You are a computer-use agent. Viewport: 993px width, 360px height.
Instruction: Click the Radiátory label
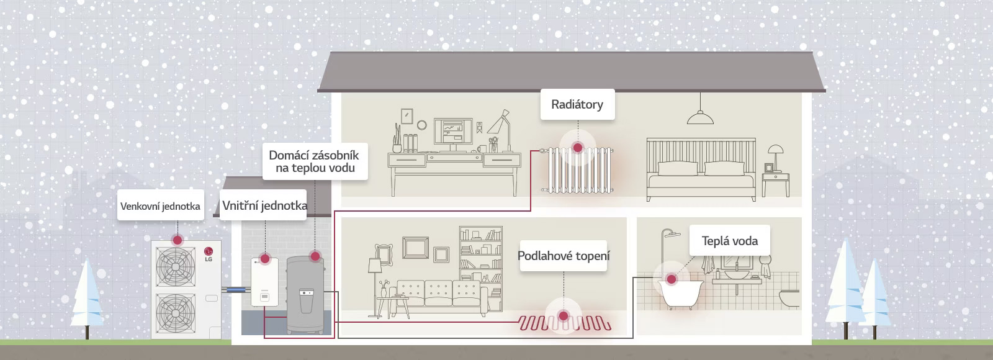[577, 104]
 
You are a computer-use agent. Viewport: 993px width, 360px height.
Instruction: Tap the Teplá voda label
[730, 241]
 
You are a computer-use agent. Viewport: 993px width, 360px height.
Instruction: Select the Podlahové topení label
[564, 256]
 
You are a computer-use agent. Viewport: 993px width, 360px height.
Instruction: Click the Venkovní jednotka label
[161, 205]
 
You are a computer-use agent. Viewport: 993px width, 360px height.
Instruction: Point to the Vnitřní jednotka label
[264, 205]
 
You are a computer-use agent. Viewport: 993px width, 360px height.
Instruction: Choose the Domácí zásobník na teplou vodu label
[315, 161]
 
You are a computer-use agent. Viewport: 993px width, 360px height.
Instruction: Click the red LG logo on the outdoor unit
[209, 251]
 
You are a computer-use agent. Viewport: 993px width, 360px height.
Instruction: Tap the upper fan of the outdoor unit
[176, 266]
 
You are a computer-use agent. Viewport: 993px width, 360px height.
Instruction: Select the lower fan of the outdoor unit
[176, 313]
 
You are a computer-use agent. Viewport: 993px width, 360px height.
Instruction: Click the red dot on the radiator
[578, 147]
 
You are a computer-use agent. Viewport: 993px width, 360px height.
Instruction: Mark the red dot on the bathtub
[672, 279]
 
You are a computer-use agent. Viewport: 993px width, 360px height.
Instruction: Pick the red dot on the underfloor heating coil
[564, 316]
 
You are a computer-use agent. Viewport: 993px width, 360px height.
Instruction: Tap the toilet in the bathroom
[789, 299]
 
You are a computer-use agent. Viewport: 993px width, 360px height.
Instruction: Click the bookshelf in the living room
[480, 268]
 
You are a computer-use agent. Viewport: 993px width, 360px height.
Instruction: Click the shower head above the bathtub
[671, 233]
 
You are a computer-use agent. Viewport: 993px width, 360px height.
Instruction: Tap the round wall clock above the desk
[421, 125]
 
